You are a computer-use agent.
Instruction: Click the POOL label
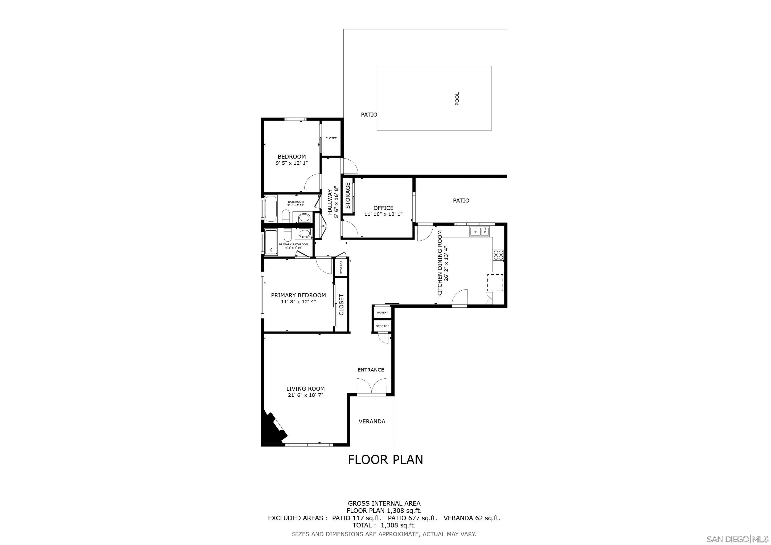point(457,99)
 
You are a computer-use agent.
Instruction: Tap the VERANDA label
point(372,422)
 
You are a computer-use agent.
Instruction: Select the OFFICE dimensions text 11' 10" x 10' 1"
point(383,214)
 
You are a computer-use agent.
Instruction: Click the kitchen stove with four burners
point(498,255)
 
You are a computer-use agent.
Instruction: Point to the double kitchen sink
point(479,231)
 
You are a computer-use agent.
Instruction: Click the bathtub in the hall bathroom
point(271,209)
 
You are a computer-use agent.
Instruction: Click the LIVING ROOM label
point(305,389)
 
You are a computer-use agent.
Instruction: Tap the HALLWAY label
point(330,202)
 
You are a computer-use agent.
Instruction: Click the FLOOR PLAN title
point(385,459)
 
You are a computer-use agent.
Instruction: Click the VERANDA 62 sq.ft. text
point(472,518)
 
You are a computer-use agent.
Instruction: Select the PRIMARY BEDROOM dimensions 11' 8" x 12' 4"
point(298,302)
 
